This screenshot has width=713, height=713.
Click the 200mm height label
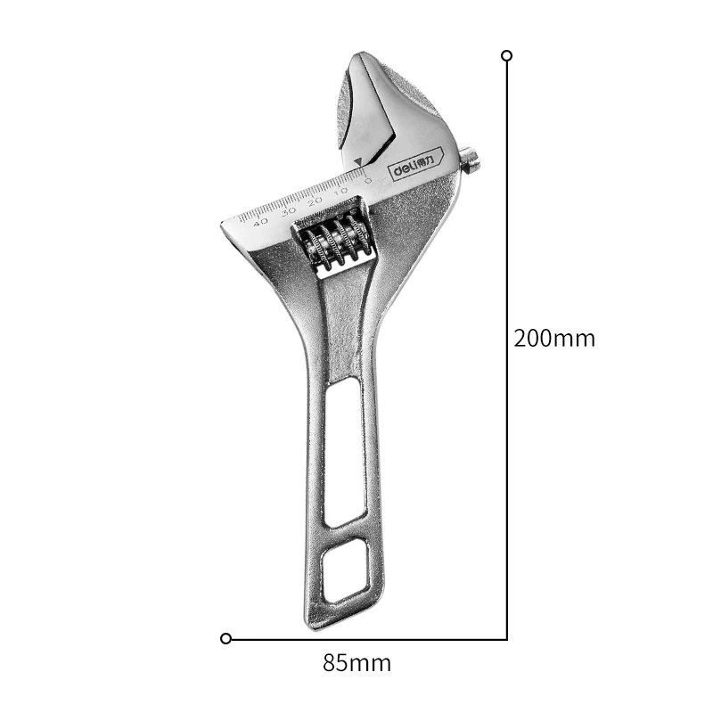pos(554,339)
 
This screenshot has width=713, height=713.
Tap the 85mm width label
pos(356,663)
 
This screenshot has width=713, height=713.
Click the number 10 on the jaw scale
pos(340,192)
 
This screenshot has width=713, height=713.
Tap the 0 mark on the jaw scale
pos(368,181)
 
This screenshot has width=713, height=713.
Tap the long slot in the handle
pos(344,450)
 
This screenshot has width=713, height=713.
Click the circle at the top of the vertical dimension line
pos(507,55)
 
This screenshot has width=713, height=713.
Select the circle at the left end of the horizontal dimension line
pos(225,638)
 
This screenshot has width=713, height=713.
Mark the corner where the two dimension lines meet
pos(507,638)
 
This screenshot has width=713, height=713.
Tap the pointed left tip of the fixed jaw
pos(224,223)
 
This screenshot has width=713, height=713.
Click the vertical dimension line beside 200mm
pos(507,267)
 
